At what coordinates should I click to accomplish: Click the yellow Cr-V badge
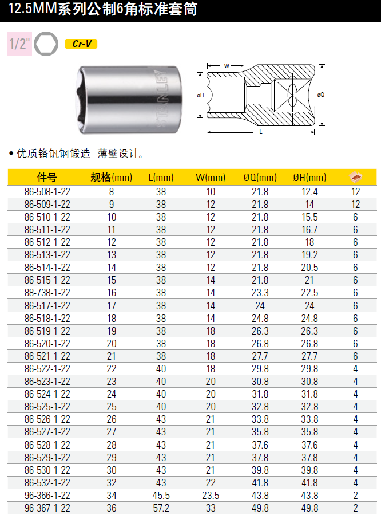tap(81, 44)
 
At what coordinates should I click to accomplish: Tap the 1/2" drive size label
tap(20, 44)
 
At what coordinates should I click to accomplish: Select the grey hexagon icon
tap(46, 44)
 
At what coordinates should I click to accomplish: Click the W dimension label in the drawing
tap(227, 65)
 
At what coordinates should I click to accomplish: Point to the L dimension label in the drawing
tap(261, 132)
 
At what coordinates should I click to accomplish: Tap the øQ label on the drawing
tap(321, 95)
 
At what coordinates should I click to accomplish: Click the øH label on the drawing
tap(200, 95)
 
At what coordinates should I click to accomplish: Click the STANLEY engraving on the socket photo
tap(162, 99)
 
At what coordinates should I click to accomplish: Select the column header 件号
tap(47, 178)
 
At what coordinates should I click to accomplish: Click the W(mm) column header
tap(211, 178)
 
